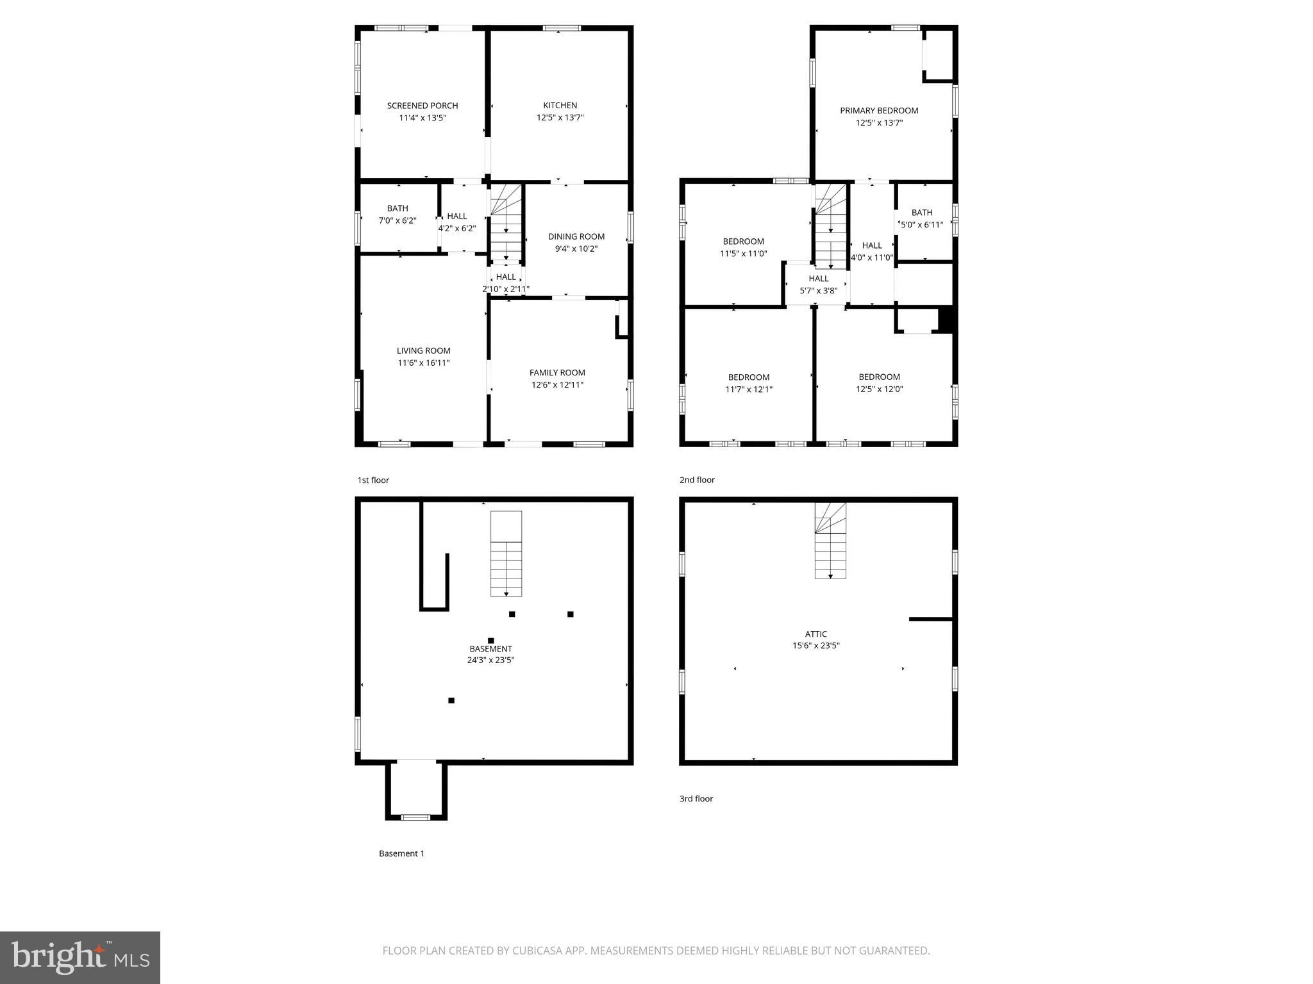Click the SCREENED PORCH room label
(x=422, y=106)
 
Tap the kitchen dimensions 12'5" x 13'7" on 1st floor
(x=560, y=118)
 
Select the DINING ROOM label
(x=576, y=236)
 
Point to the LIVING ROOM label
(x=423, y=350)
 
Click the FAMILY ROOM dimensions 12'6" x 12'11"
(x=557, y=385)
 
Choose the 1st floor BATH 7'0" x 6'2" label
(x=397, y=214)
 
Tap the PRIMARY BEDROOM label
(x=879, y=111)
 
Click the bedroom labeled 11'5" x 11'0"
(x=743, y=247)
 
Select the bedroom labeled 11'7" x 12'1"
(x=748, y=383)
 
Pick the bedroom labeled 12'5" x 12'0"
(x=879, y=383)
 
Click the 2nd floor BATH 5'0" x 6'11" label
(x=921, y=218)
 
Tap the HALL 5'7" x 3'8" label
(x=818, y=284)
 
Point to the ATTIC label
(x=815, y=634)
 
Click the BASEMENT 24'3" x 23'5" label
(x=490, y=654)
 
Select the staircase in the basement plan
(x=506, y=553)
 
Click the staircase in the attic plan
(x=830, y=541)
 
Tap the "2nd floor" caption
(x=697, y=480)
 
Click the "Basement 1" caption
(x=401, y=853)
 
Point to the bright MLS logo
(x=80, y=958)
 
